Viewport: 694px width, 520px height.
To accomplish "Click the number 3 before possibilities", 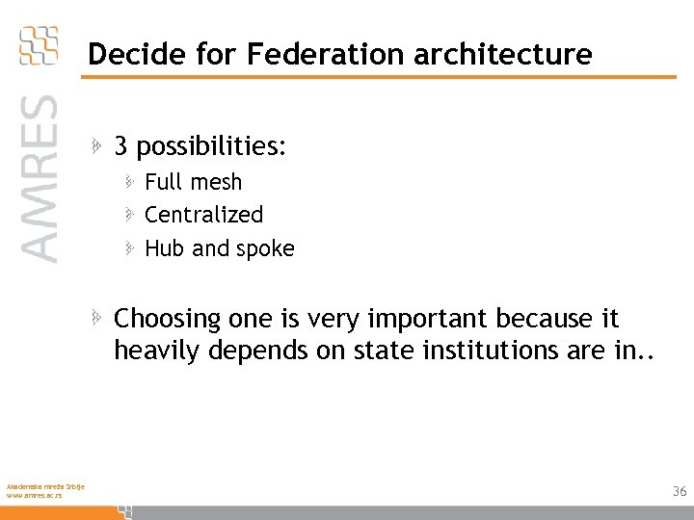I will point(120,146).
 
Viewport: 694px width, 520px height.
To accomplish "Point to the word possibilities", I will point(211,147).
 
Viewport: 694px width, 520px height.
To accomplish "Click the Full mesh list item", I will point(193,182).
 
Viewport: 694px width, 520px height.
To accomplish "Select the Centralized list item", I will point(203,215).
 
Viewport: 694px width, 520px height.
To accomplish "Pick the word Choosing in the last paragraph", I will point(168,319).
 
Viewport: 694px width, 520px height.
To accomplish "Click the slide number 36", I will point(680,492).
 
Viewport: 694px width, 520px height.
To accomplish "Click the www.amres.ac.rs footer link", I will point(34,495).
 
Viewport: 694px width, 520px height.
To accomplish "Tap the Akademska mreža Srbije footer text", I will point(44,485).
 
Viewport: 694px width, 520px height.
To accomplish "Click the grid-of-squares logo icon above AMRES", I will point(39,44).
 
